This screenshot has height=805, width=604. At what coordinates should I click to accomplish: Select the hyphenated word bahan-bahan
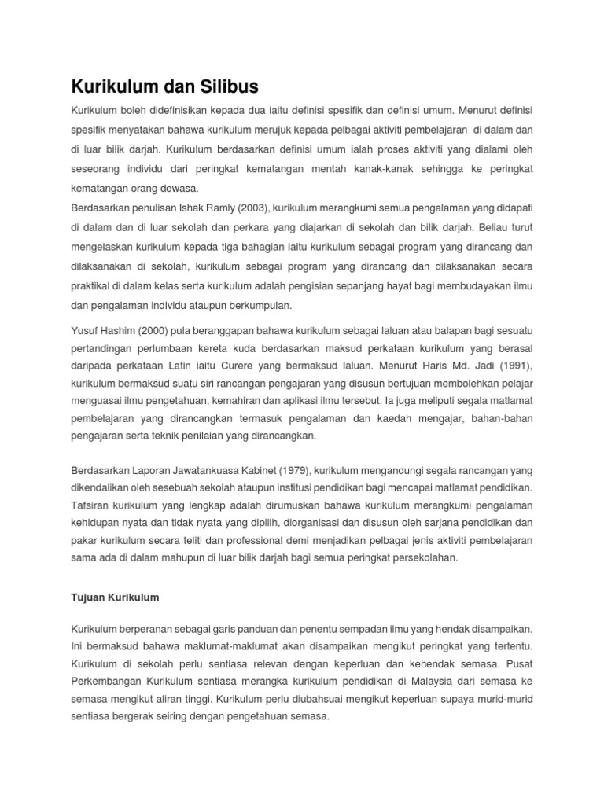[504, 418]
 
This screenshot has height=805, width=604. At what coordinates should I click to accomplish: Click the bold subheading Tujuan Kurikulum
[115, 597]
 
